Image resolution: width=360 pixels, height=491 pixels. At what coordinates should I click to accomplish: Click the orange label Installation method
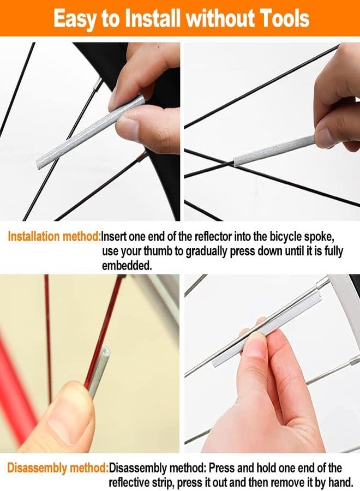tap(54, 236)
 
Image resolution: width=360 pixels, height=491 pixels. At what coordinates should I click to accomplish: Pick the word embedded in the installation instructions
tap(127, 266)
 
